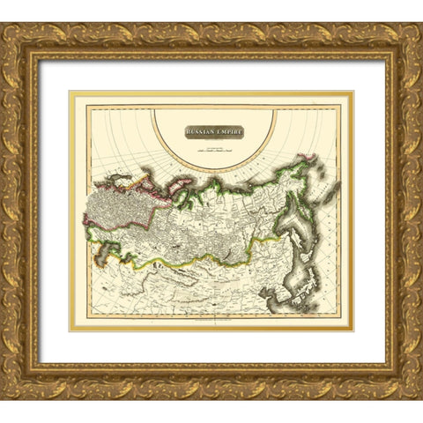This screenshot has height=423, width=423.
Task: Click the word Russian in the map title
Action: pos(200,132)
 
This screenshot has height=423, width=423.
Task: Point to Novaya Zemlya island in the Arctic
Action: pos(134,181)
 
